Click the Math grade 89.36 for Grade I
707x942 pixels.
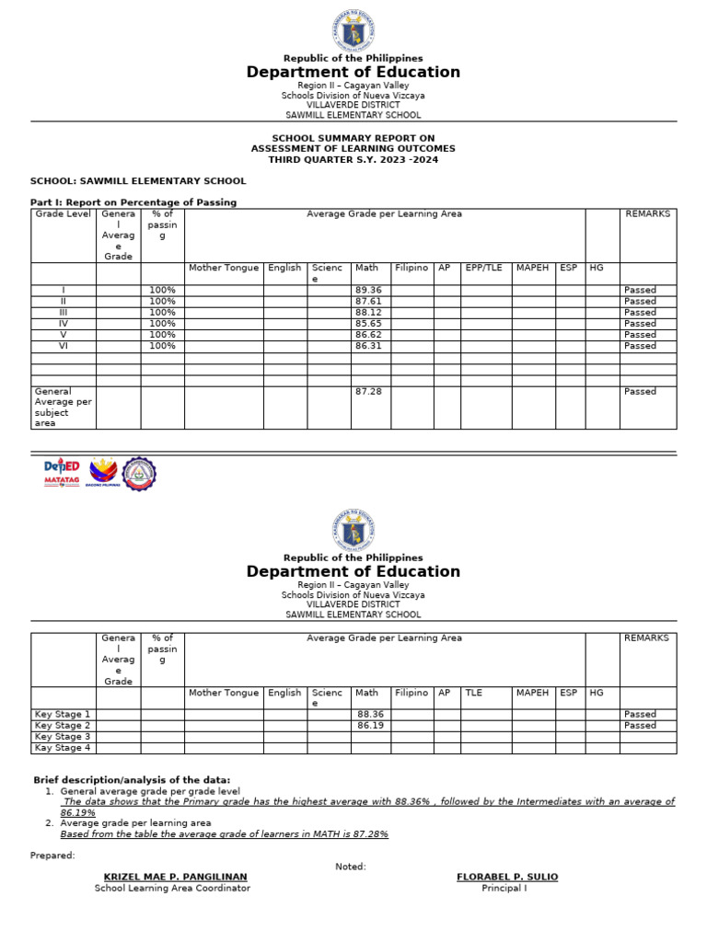click(367, 290)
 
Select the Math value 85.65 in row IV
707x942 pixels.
click(367, 324)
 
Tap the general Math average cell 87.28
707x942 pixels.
click(367, 392)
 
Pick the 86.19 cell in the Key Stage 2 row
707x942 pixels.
click(370, 726)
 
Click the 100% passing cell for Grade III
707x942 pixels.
click(162, 313)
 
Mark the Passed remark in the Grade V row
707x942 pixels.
click(640, 335)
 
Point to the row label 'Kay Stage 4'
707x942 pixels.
click(63, 748)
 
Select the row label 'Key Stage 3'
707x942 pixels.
click(63, 737)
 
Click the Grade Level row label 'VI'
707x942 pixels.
click(64, 346)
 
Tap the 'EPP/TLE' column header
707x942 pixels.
click(482, 268)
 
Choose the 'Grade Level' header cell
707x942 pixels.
click(63, 214)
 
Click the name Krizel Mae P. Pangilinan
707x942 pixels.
click(175, 877)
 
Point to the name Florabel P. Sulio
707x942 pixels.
click(506, 877)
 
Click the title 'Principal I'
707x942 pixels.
click(504, 889)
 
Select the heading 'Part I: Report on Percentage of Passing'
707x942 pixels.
click(133, 202)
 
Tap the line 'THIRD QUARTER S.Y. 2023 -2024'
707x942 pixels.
click(353, 160)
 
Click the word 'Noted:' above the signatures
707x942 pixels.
click(351, 867)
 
